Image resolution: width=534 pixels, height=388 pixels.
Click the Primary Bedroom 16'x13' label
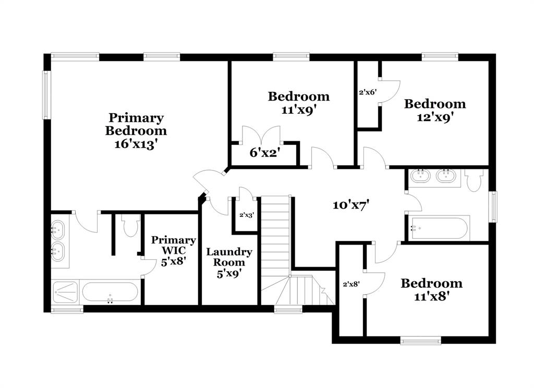tap(136, 131)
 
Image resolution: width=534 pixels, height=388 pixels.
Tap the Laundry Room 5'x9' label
tap(229, 262)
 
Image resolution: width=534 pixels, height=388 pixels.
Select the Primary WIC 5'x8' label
tap(174, 251)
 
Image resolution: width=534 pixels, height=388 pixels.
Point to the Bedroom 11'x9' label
tap(299, 103)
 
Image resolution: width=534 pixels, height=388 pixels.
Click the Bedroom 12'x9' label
tap(435, 110)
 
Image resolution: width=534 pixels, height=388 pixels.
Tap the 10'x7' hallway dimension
tap(351, 205)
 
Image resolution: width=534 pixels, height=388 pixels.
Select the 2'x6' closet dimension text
tap(368, 92)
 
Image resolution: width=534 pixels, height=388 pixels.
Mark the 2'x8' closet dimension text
tap(351, 284)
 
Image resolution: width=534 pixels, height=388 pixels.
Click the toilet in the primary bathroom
tap(130, 225)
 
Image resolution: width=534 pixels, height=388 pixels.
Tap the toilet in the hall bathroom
tap(475, 180)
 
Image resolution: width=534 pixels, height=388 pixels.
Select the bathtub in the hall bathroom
tap(440, 228)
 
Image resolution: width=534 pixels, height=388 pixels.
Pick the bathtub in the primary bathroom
tap(111, 292)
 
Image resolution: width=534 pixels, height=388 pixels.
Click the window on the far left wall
tap(46, 94)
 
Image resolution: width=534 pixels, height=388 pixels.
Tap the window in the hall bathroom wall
tap(494, 207)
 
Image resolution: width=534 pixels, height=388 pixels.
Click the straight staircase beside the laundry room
tap(275, 240)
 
